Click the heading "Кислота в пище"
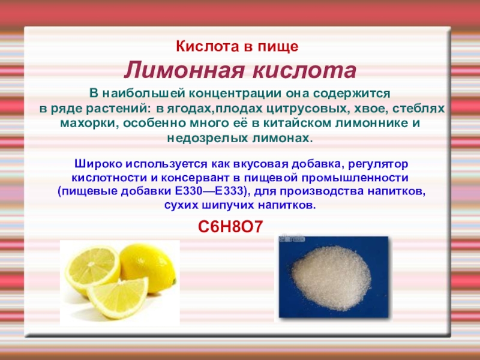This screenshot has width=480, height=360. pos(237,47)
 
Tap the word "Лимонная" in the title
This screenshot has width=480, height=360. pos(184,70)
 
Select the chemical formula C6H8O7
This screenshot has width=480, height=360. pos(230,227)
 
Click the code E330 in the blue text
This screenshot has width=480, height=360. pos(188,191)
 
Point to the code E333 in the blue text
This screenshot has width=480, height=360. pos(229,191)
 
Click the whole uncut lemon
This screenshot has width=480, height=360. pos(149,266)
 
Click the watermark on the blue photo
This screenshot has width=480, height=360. pos(292,239)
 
